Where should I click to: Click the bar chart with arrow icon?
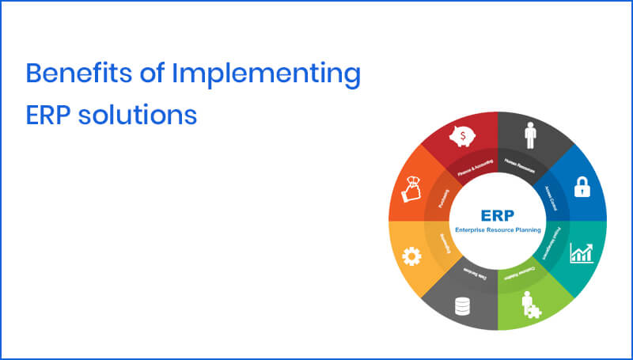tap(582, 253)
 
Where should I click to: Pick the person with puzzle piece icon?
tap(528, 304)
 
